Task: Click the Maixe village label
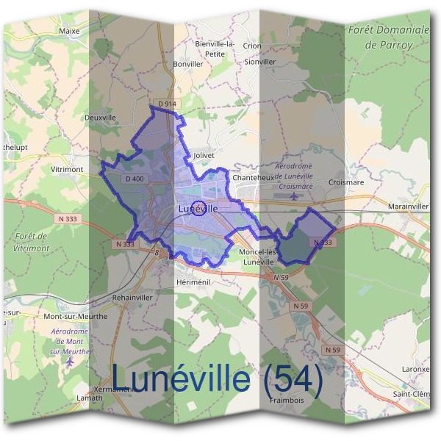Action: click(x=69, y=32)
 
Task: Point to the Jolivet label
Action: click(x=204, y=156)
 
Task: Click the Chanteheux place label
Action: click(x=252, y=178)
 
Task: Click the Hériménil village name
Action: click(x=193, y=282)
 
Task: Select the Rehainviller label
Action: click(x=132, y=298)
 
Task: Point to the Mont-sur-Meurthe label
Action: click(x=76, y=316)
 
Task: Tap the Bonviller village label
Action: click(x=187, y=64)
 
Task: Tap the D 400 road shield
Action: click(x=135, y=179)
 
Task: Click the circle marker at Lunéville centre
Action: click(x=198, y=208)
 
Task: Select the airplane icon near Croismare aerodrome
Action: click(x=295, y=196)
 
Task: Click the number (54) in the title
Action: click(x=292, y=379)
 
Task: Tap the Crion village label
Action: click(x=252, y=45)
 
